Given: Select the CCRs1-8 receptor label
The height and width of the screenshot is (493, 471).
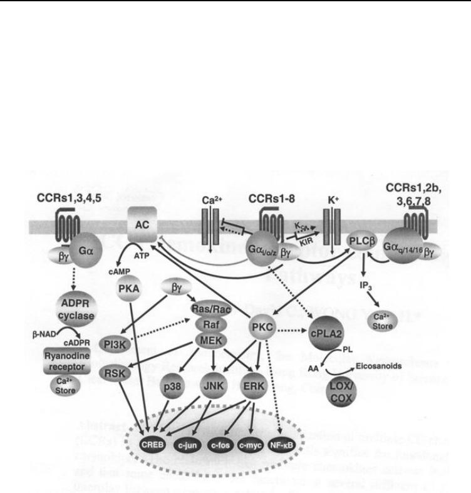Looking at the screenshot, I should pos(271,197).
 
